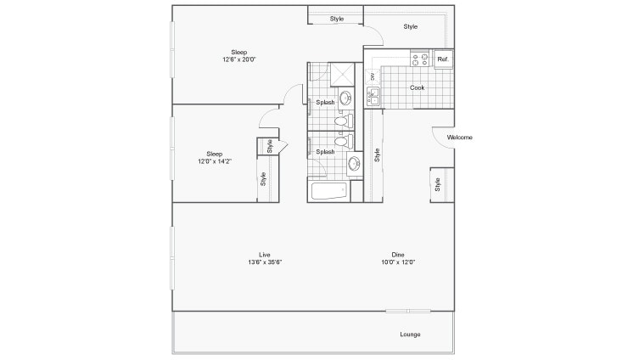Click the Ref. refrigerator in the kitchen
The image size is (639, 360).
(443, 59)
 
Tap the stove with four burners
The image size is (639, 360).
(420, 59)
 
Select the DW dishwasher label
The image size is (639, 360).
(372, 76)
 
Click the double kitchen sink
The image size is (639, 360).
(373, 97)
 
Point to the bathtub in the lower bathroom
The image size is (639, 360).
(329, 191)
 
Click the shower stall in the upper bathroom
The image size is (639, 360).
(342, 74)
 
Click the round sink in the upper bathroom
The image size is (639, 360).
(345, 98)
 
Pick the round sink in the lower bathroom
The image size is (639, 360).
(354, 164)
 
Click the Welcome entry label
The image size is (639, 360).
(459, 138)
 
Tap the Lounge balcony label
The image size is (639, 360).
(410, 335)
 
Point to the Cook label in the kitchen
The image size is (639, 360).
(417, 87)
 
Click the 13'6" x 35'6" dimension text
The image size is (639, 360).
(265, 262)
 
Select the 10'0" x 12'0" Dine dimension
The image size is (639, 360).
(398, 262)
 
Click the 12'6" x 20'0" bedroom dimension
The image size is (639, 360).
(239, 59)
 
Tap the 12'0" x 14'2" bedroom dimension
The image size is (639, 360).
(215, 161)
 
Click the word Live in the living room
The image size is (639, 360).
(265, 255)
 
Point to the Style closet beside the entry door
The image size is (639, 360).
(438, 185)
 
